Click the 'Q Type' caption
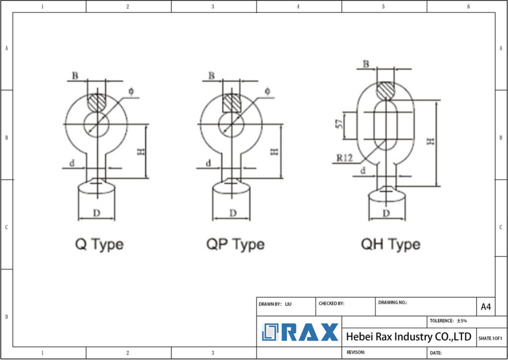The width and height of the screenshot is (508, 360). tap(99, 244)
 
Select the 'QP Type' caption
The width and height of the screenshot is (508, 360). tap(235, 244)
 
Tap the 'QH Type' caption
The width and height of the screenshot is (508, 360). tap(390, 244)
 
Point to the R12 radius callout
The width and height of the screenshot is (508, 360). tap(344, 158)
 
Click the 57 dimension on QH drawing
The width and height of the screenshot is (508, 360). tap(340, 125)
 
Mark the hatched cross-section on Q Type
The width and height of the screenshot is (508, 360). tap(96, 103)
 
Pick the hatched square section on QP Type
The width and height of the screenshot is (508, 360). tap(231, 103)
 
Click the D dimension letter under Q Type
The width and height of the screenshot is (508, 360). tap(97, 213)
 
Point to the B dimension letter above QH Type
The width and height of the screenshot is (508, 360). tap(366, 64)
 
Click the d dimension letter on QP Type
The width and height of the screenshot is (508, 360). tap(208, 163)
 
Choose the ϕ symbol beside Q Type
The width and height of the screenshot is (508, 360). tap(131, 91)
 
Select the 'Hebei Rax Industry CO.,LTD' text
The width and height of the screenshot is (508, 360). tap(408, 337)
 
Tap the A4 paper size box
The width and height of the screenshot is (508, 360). tap(486, 307)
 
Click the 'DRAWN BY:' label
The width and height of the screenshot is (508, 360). tap(270, 303)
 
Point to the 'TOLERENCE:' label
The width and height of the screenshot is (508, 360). tap(442, 321)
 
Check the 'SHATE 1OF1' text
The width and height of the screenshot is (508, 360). tap(490, 338)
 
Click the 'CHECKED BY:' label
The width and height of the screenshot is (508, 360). tap(331, 303)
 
